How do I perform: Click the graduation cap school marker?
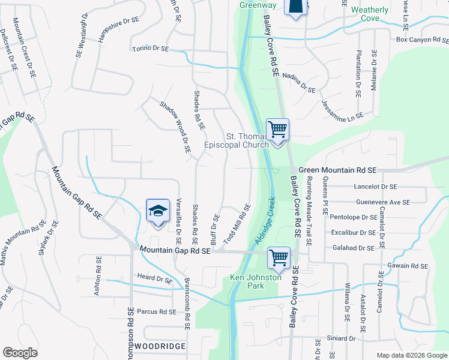coord(157,211)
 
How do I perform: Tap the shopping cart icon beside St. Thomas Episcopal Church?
coord(278,130)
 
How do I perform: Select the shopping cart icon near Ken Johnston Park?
coord(279,258)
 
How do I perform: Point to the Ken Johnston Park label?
coord(255,281)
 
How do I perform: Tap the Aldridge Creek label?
coord(264,220)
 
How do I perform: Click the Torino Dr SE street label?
coord(151,49)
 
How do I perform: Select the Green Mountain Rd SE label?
coord(337,170)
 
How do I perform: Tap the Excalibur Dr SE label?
coord(352,232)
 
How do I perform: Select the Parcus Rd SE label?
coord(156,311)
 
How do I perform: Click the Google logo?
coord(20,353)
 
